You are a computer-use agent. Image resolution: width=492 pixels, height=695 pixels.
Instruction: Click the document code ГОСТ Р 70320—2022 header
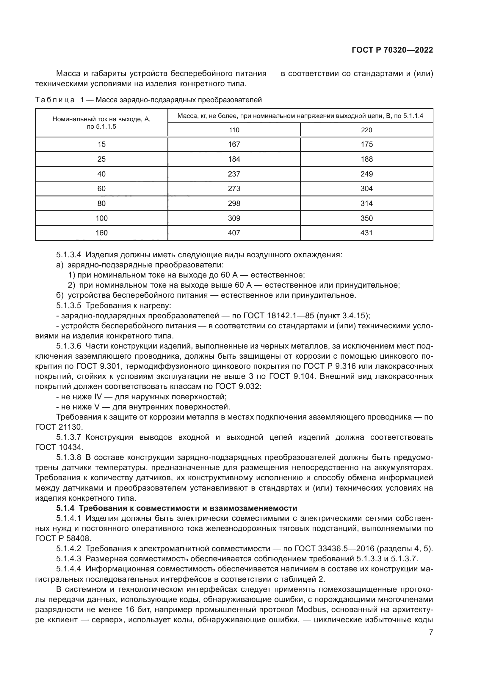pos(392,50)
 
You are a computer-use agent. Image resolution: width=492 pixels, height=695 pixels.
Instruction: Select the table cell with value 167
pos(234,144)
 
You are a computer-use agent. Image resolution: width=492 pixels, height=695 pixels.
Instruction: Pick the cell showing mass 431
pos(366,233)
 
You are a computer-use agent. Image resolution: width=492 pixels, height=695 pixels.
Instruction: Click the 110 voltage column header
pos(234,130)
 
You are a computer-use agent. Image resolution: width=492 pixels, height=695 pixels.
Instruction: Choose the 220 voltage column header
pos(366,130)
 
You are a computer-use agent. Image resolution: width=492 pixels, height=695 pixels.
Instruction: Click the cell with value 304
pos(366,189)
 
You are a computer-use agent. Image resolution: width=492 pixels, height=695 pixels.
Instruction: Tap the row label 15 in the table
pos(101,144)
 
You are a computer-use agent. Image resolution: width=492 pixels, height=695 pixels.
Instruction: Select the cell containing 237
pos(234,174)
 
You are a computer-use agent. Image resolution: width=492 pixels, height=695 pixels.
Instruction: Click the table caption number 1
pos(82,100)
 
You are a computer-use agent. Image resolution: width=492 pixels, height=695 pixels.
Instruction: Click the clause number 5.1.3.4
pos(68,255)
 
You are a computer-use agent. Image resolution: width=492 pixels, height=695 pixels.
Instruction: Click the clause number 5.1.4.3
pos(68,559)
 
